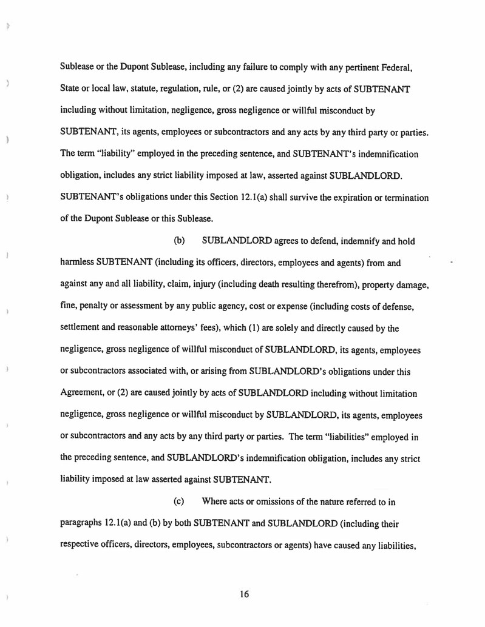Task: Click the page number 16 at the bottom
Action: coord(244,594)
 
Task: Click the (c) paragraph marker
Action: coord(179,501)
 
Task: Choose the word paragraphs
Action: coord(84,523)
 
